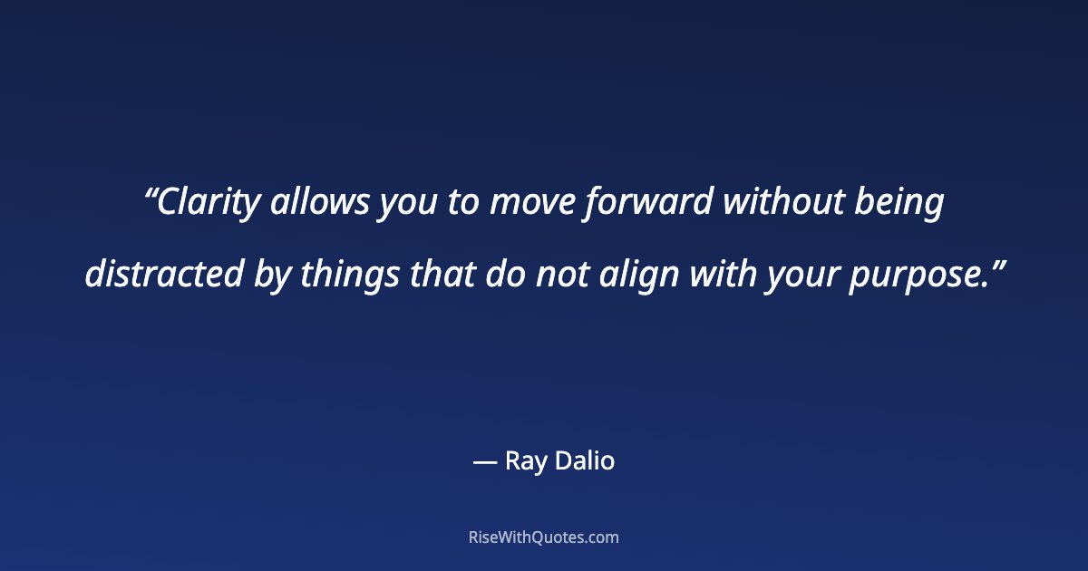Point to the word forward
point(648,204)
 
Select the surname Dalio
point(585,461)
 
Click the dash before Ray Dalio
point(485,462)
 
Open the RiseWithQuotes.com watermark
point(544,537)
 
